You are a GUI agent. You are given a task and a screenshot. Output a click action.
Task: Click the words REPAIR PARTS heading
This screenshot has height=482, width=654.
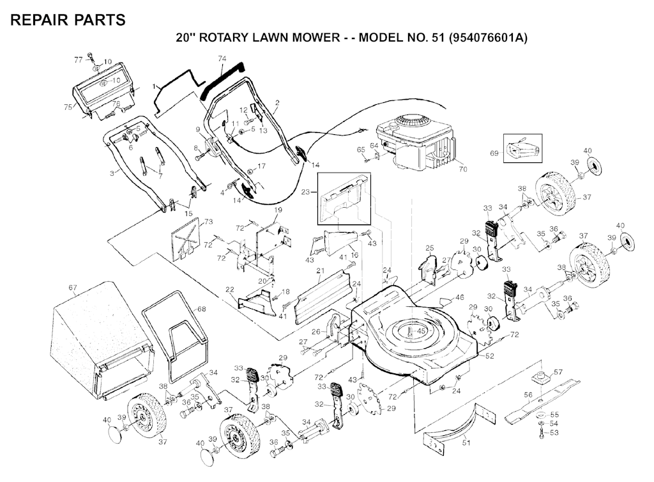tap(68, 20)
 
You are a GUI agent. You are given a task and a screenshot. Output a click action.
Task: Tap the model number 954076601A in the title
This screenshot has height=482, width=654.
tap(487, 38)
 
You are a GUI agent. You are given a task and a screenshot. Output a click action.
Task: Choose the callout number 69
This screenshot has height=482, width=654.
tap(494, 153)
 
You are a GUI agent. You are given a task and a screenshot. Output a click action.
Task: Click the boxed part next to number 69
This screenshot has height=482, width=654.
tap(522, 148)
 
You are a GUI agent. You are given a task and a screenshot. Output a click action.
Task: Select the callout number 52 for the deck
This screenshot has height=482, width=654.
tap(489, 356)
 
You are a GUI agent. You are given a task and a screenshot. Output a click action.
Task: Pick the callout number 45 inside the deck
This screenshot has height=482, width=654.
tap(422, 331)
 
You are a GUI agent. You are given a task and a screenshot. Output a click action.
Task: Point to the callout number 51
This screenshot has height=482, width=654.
tap(466, 442)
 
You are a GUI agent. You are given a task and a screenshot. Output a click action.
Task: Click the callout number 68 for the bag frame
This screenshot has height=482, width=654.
tap(202, 309)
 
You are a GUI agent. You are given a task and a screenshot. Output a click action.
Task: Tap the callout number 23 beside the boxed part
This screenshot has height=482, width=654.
tap(306, 192)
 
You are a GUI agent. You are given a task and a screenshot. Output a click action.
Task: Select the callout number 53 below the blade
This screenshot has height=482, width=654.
tap(554, 433)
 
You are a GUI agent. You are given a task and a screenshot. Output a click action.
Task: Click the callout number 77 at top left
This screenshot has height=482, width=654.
tap(79, 60)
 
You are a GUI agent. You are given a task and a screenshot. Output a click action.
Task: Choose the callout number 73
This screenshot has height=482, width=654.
tap(209, 222)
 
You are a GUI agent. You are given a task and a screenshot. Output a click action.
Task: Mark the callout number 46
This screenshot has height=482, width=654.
tap(459, 297)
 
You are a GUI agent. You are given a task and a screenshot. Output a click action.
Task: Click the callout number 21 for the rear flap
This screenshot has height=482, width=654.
tap(321, 271)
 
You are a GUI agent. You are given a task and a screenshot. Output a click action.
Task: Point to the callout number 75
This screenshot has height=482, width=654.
tap(68, 107)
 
